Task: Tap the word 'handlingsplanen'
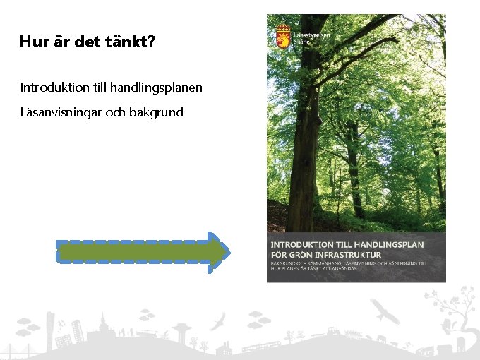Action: point(157,88)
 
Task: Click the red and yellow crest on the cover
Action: point(283,35)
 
